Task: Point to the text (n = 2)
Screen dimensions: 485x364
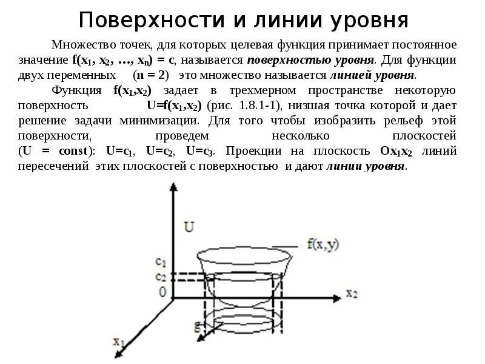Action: pyautogui.click(x=155, y=75)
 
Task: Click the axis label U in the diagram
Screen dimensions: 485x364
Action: pyautogui.click(x=189, y=227)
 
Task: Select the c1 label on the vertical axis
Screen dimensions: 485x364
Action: pyautogui.click(x=161, y=262)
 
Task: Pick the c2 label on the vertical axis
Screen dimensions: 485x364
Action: pyautogui.click(x=161, y=277)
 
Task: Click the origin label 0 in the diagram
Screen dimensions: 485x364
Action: pyautogui.click(x=162, y=292)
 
